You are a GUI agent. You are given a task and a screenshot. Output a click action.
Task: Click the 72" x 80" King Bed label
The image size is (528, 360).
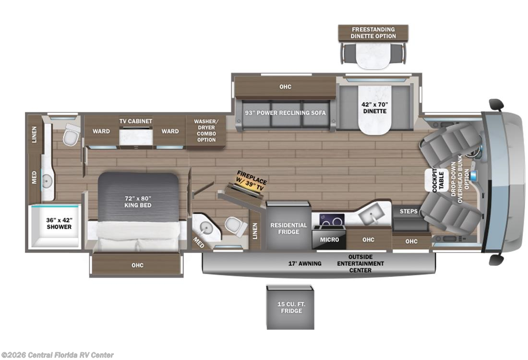point(138,202)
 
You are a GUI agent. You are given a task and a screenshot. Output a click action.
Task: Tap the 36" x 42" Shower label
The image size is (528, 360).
point(59,224)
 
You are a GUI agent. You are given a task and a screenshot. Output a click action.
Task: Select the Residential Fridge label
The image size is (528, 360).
point(288,228)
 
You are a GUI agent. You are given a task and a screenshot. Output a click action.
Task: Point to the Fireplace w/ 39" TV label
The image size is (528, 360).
point(251,181)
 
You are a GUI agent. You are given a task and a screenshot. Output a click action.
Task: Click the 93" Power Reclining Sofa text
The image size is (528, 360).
point(285,113)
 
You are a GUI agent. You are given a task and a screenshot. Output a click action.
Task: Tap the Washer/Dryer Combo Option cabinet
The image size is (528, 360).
point(206,131)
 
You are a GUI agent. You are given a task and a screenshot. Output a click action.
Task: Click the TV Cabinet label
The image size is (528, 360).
point(136,121)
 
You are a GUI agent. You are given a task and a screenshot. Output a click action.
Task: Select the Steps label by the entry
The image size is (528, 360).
point(408,211)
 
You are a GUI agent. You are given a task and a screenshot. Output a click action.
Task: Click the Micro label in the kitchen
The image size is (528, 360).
point(329,240)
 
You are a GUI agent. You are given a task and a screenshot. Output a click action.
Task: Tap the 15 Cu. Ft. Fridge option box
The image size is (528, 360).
point(290,307)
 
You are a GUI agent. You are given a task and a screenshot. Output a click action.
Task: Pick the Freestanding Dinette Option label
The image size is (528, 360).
point(373,33)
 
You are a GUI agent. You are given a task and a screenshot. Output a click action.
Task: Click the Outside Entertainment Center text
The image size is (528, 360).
point(360,264)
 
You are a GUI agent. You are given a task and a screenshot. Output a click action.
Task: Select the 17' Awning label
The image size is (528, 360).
point(305,264)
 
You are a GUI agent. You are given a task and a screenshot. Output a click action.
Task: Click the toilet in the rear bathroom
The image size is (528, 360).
point(71,134)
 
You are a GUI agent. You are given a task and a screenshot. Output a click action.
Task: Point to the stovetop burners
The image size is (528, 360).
point(331,219)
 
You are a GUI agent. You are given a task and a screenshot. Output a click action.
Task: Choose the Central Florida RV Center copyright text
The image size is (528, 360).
point(57,355)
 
